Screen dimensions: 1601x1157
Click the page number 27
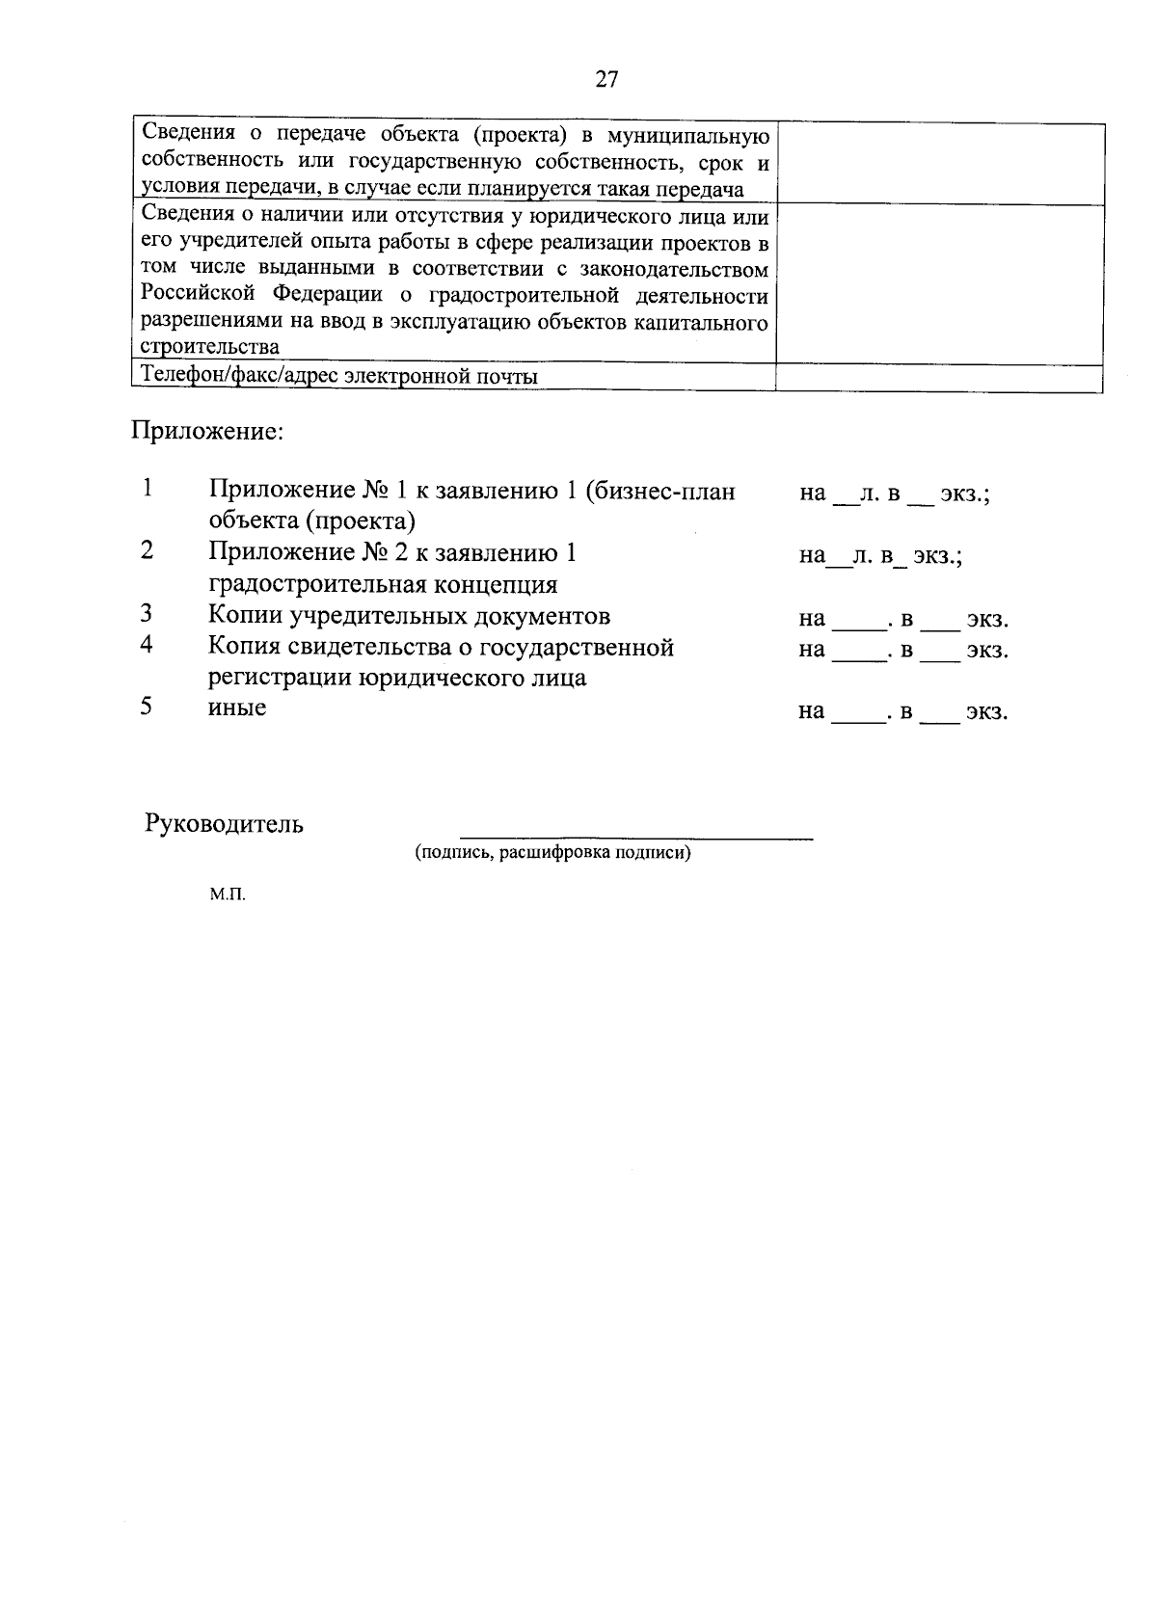coord(605,80)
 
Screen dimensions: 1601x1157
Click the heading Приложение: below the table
coord(207,431)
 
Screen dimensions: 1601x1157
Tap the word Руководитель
coord(224,824)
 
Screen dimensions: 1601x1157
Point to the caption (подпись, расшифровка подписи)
coord(552,853)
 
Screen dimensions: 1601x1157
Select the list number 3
coord(147,614)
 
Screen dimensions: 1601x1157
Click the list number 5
coord(147,707)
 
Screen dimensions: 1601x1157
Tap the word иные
coord(237,708)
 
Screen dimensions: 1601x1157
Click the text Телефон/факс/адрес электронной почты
coord(339,377)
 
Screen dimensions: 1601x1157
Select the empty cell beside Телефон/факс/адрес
coord(939,378)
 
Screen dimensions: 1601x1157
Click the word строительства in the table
coord(209,348)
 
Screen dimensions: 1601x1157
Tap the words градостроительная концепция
coord(383,584)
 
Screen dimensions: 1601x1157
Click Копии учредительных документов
coord(409,616)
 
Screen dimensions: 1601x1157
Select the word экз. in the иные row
coord(987,712)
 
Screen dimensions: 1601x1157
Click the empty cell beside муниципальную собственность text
coord(939,163)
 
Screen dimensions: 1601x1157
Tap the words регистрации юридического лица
coord(396,678)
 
